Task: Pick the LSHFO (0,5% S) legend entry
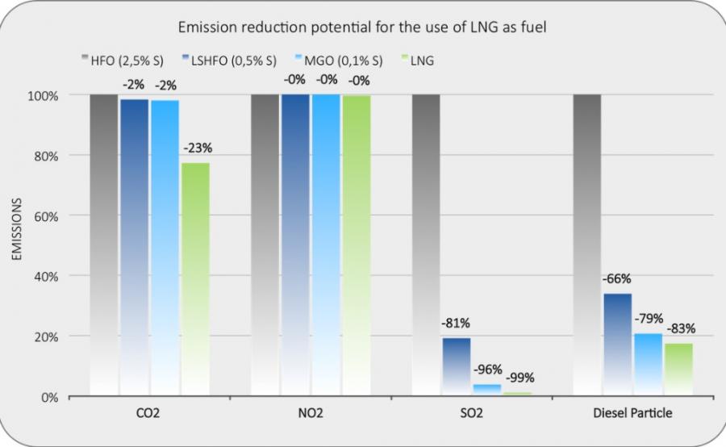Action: pyautogui.click(x=234, y=60)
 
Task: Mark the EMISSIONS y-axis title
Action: pyautogui.click(x=15, y=230)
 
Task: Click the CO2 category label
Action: pyautogui.click(x=149, y=413)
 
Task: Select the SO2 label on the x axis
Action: pyautogui.click(x=472, y=413)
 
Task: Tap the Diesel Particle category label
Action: pyautogui.click(x=633, y=413)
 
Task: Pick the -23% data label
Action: pyautogui.click(x=195, y=148)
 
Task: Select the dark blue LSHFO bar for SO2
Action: pyautogui.click(x=456, y=366)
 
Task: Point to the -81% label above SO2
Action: pyautogui.click(x=456, y=324)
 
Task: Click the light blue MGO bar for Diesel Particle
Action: pyautogui.click(x=648, y=364)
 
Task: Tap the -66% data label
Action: pyautogui.click(x=617, y=279)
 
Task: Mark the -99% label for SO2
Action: pyautogui.click(x=519, y=378)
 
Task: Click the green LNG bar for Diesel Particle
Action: pyautogui.click(x=678, y=369)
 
